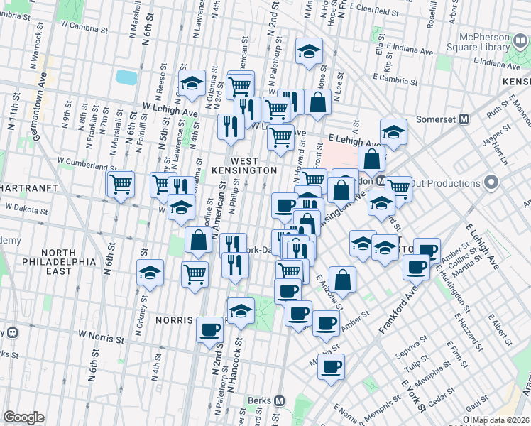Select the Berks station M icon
(x=279, y=400)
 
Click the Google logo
(x=23, y=417)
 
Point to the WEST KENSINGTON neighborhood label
(x=243, y=166)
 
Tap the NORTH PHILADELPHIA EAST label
(x=67, y=262)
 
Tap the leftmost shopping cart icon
(x=121, y=184)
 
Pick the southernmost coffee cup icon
(x=331, y=367)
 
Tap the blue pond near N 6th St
(x=125, y=76)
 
